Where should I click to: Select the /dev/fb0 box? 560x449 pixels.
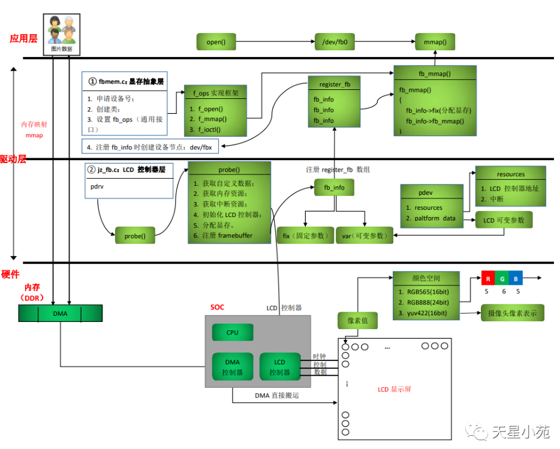click(335, 42)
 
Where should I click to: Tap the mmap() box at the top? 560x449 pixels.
click(435, 42)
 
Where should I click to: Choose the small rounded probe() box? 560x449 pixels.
click(134, 236)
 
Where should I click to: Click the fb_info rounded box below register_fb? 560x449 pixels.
click(334, 188)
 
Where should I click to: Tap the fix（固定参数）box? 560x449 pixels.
click(305, 236)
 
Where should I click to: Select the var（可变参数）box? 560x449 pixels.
click(364, 236)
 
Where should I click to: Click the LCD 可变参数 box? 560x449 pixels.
click(504, 220)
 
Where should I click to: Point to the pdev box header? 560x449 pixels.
click(432, 192)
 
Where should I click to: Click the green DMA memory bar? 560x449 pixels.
click(60, 314)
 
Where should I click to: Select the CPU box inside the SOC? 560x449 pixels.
click(232, 332)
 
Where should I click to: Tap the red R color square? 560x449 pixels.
click(487, 278)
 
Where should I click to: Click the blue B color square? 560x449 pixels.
click(516, 278)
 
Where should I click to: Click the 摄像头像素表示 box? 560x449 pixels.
click(511, 312)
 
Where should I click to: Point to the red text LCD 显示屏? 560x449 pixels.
click(394, 389)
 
